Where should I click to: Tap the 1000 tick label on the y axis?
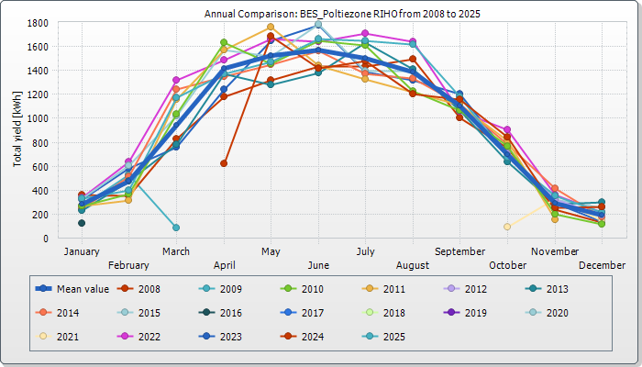click(38, 118)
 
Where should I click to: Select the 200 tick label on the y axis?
click(40, 215)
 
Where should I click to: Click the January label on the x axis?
click(82, 250)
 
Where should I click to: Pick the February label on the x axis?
click(128, 265)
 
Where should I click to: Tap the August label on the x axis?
click(413, 265)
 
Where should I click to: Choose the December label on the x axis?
click(603, 265)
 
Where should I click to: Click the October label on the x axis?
click(507, 265)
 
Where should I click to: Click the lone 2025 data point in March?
click(176, 228)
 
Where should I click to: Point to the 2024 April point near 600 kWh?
click(224, 163)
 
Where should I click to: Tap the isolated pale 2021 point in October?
click(507, 227)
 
